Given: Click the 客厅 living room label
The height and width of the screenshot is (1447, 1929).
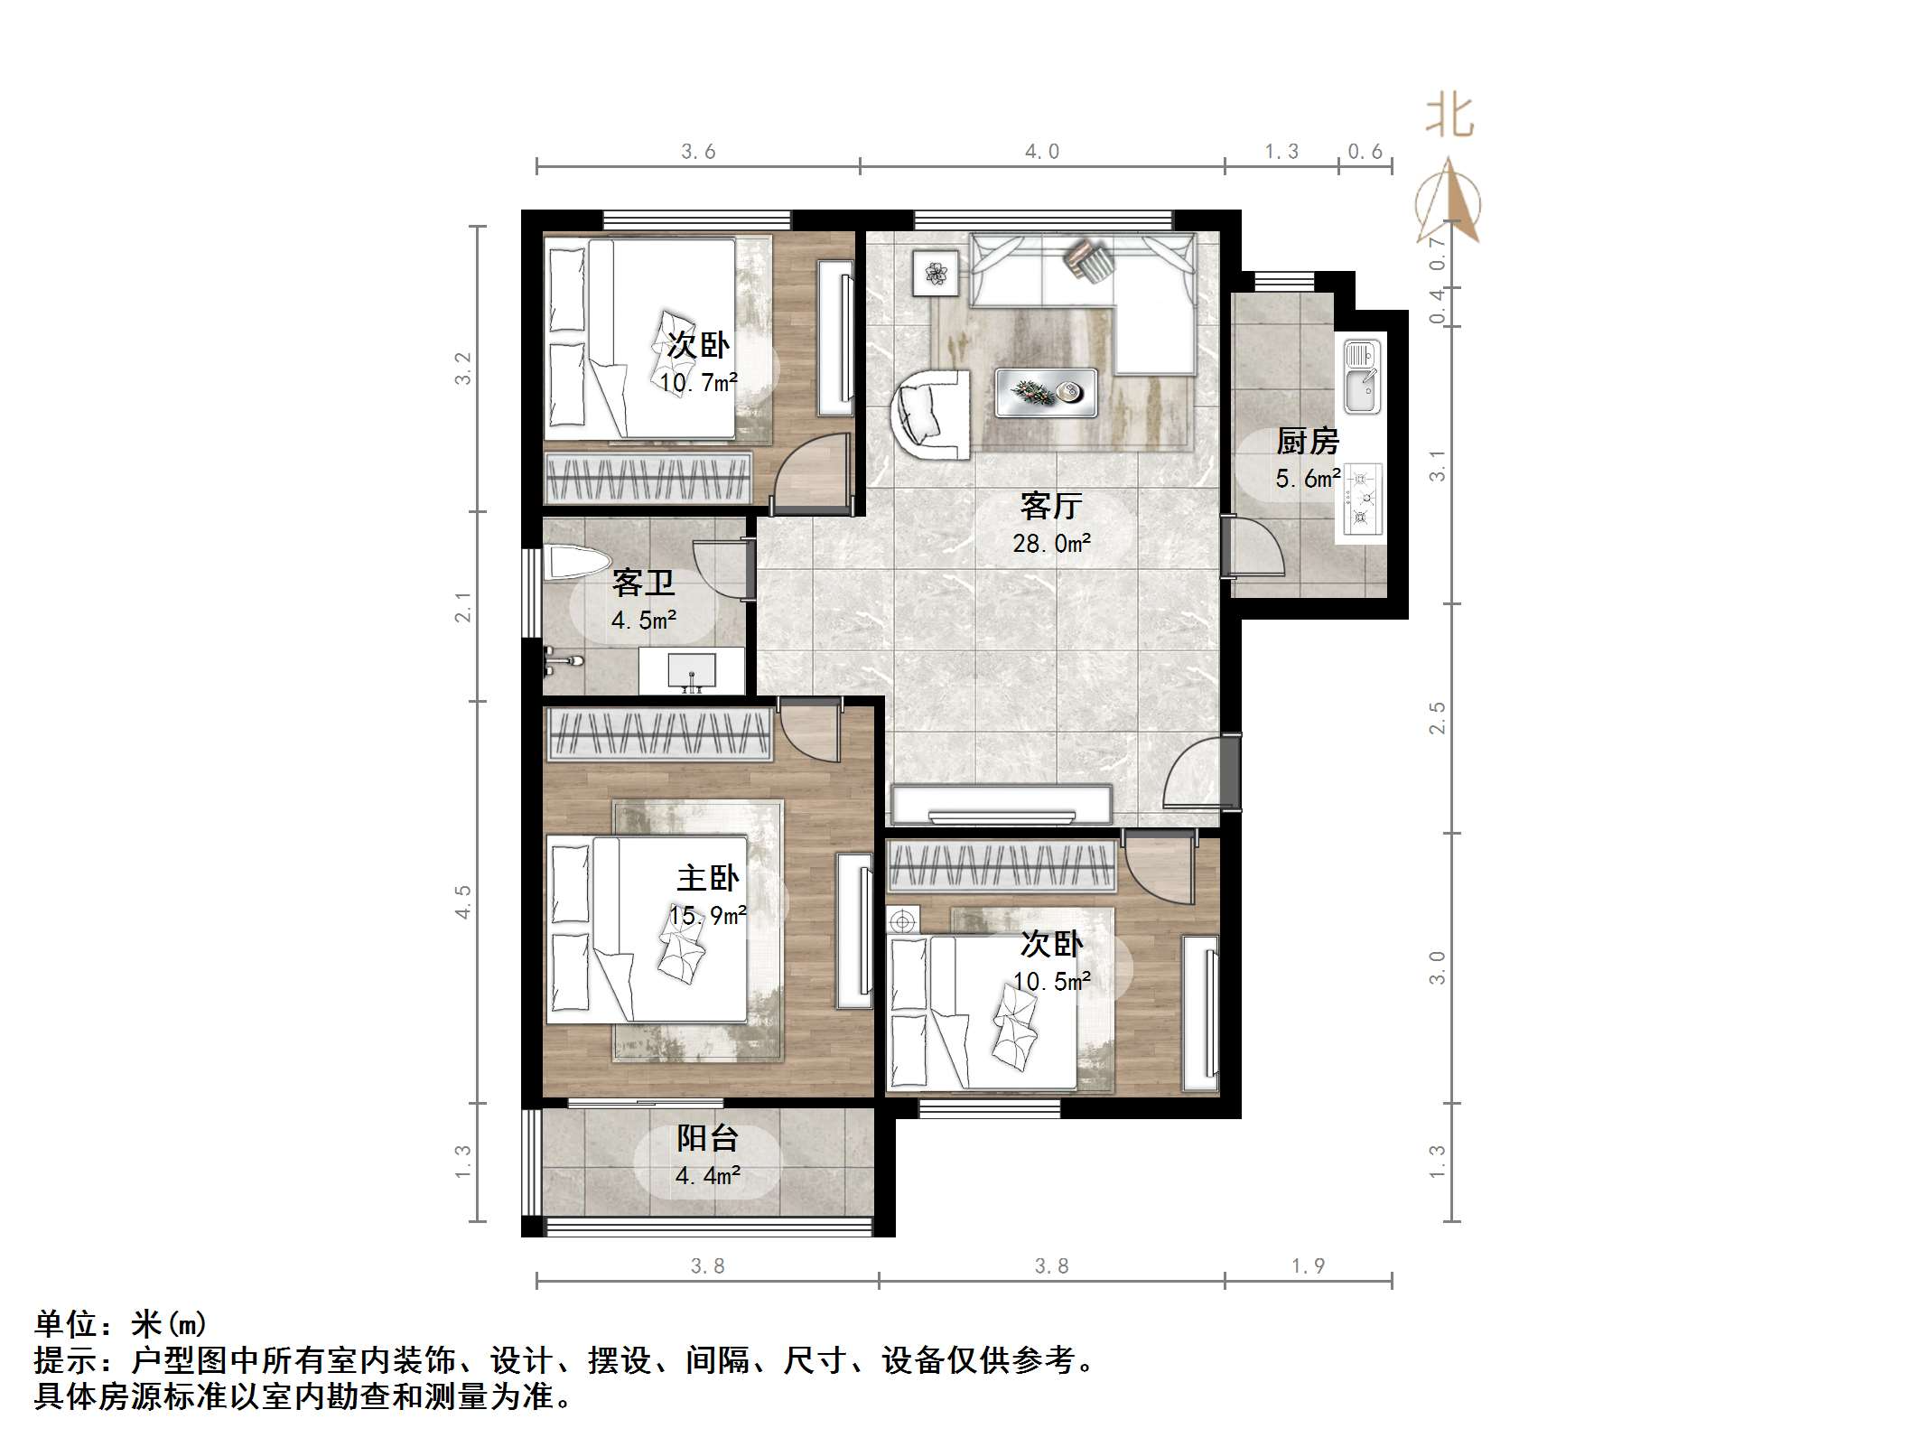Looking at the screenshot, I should click(1050, 506).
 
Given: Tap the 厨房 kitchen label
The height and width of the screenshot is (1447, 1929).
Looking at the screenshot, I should click(1307, 442).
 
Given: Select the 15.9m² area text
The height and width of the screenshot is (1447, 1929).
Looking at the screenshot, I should click(707, 916).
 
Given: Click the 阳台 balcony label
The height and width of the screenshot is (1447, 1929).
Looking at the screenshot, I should click(707, 1138).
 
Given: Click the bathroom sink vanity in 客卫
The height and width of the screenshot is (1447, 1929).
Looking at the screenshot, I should click(692, 671).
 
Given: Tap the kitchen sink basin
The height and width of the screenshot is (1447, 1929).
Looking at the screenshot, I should click(1361, 378).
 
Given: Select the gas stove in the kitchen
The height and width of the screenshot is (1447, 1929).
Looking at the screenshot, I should click(1361, 498).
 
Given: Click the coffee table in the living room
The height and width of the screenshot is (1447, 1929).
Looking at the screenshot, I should click(1046, 393).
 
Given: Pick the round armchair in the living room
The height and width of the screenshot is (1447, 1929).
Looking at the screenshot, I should click(930, 415).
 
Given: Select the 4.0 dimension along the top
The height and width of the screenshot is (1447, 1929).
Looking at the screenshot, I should click(1041, 152).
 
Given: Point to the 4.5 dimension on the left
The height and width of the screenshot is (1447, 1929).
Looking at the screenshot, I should click(463, 901).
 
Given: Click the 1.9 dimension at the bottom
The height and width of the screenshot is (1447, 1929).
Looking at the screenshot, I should click(1307, 1266).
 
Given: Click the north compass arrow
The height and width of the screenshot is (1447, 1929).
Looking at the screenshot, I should click(1449, 201).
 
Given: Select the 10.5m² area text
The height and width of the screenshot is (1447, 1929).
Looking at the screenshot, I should click(1051, 982).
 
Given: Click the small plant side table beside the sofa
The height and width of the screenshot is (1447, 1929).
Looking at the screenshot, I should click(935, 272).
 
